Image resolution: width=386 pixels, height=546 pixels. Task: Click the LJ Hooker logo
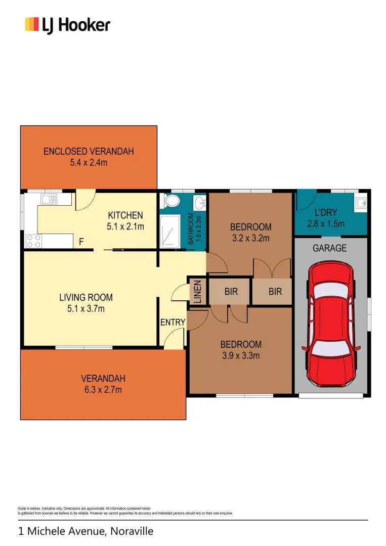67,25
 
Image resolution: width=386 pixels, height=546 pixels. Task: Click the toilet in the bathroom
171,202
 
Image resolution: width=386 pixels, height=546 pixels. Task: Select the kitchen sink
49,199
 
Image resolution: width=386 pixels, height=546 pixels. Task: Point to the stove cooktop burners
34,241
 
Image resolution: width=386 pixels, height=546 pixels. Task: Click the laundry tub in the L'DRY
361,203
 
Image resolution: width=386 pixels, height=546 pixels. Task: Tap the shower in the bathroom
170,232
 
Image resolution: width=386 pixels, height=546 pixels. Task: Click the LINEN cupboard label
197,292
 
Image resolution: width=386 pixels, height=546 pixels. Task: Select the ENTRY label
173,323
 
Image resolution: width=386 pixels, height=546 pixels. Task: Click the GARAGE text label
329,248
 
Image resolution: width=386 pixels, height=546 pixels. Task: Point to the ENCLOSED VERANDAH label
89,151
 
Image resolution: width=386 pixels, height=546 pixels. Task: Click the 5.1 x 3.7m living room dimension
85,308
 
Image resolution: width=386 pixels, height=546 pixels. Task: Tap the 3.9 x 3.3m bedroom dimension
241,355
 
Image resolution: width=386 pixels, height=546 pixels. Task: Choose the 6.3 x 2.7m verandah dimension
103,389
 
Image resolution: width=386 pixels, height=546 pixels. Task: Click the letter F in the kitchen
81,243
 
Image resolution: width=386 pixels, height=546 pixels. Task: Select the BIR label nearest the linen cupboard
231,292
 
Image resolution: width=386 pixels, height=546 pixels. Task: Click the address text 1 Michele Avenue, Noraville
85,531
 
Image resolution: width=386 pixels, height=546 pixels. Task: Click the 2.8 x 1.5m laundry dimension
326,224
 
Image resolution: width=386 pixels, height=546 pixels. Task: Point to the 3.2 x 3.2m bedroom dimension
251,238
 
